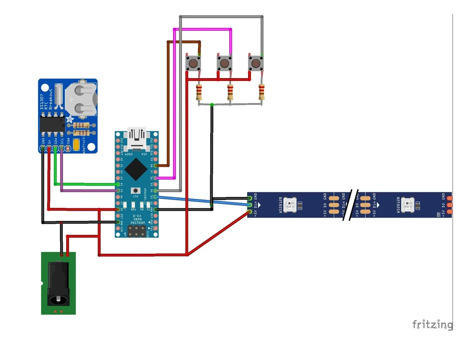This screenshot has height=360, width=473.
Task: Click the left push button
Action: click(193, 63)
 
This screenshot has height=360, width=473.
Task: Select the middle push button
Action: click(224, 63)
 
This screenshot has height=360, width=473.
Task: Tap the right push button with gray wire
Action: click(255, 63)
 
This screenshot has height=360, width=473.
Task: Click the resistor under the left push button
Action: click(199, 93)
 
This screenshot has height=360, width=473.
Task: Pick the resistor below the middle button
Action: click(230, 93)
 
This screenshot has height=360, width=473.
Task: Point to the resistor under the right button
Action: click(261, 92)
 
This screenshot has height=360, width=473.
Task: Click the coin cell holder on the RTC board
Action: click(81, 98)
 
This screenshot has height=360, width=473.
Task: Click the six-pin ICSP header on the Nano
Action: click(136, 231)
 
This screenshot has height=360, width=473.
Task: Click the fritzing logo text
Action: click(432, 324)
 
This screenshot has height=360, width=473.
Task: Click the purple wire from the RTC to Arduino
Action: click(88, 190)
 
